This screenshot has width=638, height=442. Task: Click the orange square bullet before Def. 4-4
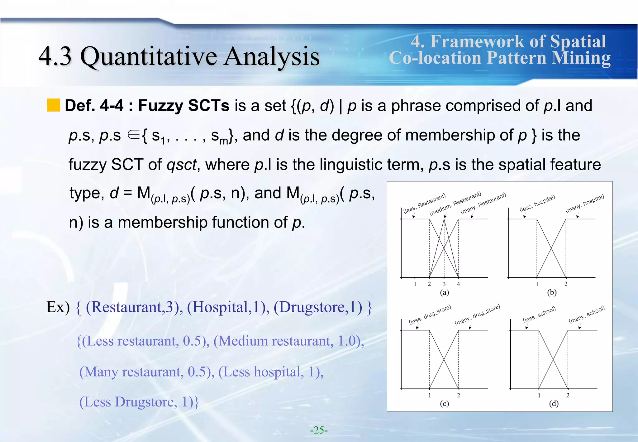click(53, 105)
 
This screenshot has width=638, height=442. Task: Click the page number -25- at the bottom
click(319, 430)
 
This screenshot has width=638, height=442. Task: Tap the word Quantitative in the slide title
click(149, 57)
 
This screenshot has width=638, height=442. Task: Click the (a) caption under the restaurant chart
click(444, 292)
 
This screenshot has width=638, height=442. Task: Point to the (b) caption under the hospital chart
click(552, 292)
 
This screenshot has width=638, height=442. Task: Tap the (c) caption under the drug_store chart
click(444, 404)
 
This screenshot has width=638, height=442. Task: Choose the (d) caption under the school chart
click(554, 404)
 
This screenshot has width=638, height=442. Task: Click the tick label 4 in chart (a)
click(458, 284)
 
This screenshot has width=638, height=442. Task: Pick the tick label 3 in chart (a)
click(444, 284)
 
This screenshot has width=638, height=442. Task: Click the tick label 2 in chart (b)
click(566, 284)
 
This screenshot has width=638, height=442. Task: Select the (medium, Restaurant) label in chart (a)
click(455, 204)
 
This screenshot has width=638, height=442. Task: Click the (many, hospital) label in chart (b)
click(585, 204)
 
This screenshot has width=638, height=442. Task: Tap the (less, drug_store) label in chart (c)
click(430, 315)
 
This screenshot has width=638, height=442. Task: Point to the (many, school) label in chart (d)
click(587, 315)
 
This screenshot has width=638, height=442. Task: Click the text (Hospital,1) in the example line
click(228, 307)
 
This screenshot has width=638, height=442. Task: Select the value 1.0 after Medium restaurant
click(347, 341)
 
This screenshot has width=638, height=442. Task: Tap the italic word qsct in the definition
click(182, 165)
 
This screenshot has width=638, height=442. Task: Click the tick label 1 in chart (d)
click(539, 396)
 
